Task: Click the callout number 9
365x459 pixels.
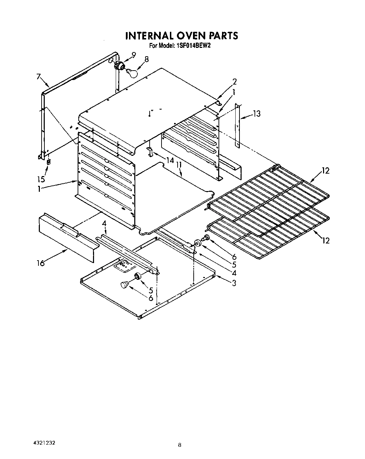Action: pos(134,54)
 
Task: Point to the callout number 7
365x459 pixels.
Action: pos(39,76)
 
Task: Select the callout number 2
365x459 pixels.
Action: pos(234,82)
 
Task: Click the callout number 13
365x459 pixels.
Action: pos(257,114)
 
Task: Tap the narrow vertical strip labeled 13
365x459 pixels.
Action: pos(237,124)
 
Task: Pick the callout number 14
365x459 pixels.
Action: pos(170,161)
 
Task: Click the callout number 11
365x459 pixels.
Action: pos(179,165)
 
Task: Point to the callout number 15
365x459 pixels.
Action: pos(41,179)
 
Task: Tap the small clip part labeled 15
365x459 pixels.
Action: pos(49,162)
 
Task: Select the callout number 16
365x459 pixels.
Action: pos(41,263)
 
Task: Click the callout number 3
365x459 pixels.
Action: pos(234,283)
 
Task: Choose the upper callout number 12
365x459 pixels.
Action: pos(325,171)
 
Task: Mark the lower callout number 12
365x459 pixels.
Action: pos(325,240)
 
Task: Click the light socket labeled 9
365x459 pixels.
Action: pos(120,65)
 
